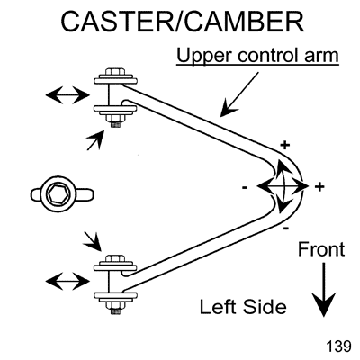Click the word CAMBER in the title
243,22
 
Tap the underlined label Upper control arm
257,56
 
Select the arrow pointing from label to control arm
239,94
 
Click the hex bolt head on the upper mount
115,73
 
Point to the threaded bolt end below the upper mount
116,124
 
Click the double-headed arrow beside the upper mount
67,95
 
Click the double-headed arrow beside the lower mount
67,281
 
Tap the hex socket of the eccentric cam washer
56,194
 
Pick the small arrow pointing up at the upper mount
95,140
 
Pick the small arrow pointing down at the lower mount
93,241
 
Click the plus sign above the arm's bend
285,146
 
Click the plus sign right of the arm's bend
319,187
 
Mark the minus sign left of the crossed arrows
245,188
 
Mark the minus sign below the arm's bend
286,229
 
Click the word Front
321,249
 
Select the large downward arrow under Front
324,290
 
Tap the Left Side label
243,307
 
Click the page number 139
338,346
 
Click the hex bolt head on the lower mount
115,258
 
